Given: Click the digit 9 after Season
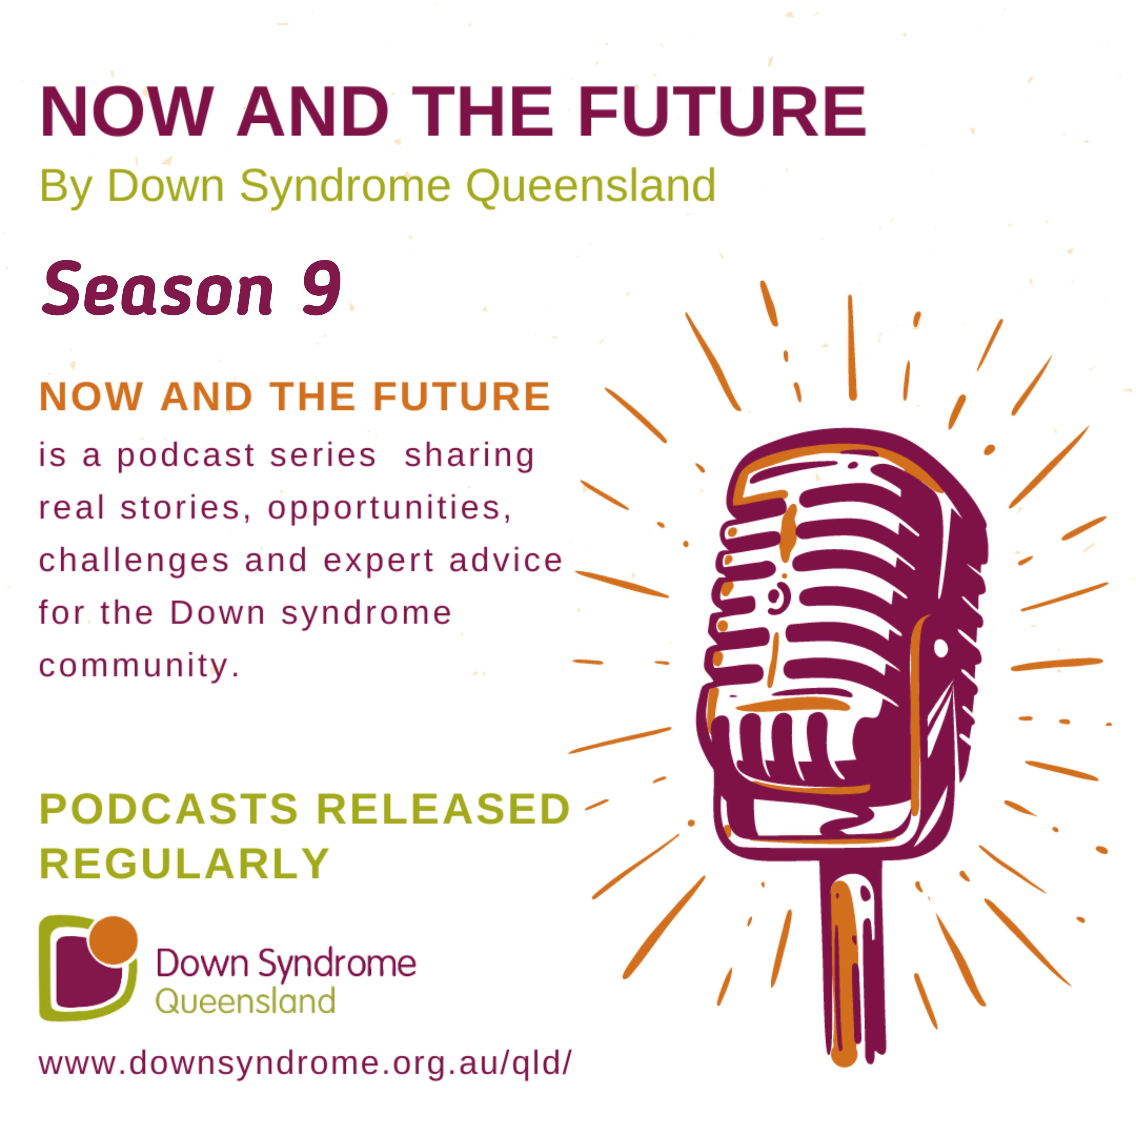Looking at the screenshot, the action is [x=321, y=288].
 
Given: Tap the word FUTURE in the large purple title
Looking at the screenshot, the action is [x=722, y=112].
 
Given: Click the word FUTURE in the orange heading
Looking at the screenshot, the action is [x=462, y=397].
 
